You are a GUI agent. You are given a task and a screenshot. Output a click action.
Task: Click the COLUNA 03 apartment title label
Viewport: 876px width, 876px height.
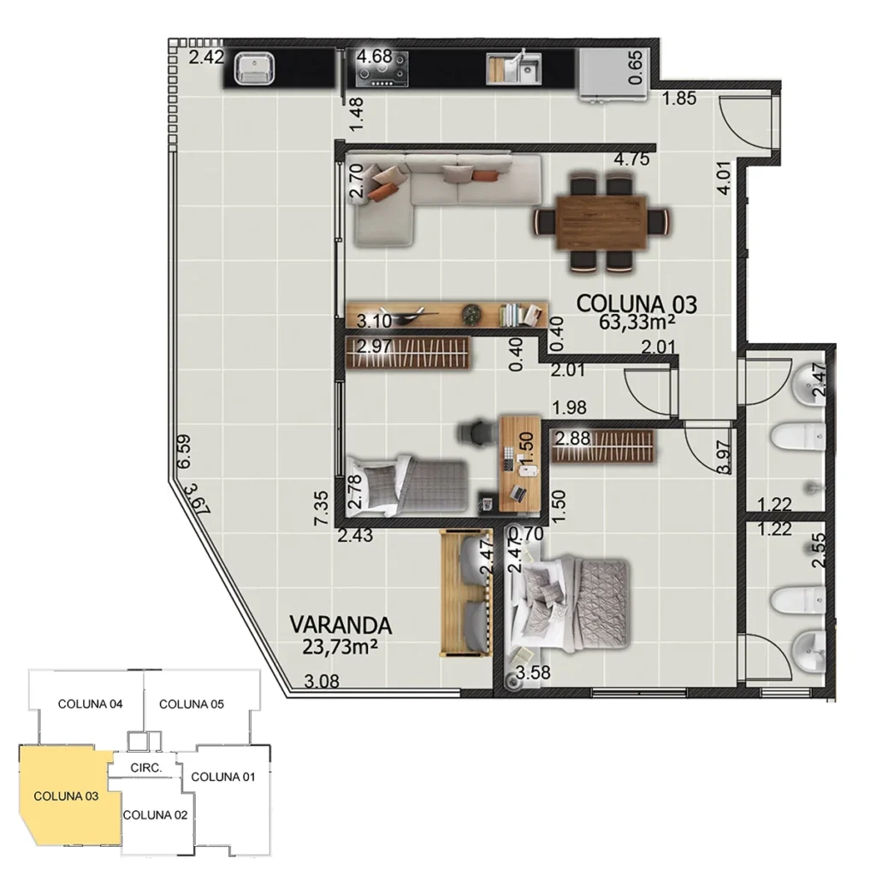[x=637, y=303]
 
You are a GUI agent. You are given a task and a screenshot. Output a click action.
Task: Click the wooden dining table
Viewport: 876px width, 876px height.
[x=600, y=221]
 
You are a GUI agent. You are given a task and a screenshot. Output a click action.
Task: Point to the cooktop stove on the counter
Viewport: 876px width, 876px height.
[x=382, y=68]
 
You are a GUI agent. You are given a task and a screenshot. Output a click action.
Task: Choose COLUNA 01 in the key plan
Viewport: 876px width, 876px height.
[x=223, y=777]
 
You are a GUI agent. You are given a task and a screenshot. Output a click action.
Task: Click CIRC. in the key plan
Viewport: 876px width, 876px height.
[x=146, y=768]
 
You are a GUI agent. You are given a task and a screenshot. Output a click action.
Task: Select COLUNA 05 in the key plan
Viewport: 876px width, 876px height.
[x=192, y=704]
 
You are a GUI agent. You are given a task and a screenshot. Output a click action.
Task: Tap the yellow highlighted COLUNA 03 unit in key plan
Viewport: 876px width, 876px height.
[x=65, y=796]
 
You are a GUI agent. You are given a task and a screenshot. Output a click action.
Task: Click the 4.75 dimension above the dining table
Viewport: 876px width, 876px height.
[x=632, y=158]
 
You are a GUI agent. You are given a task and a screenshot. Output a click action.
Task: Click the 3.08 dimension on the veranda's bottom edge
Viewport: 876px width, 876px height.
[x=323, y=682]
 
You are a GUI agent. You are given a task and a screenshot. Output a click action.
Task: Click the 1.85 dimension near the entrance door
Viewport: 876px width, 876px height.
[x=679, y=98]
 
